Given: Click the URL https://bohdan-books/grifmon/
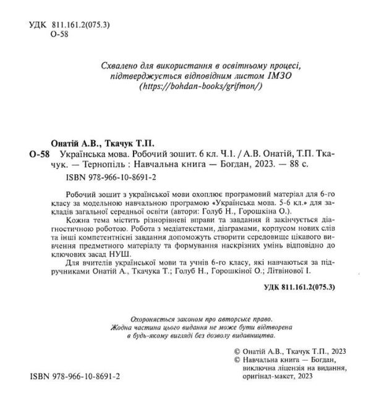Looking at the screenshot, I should point(202,87).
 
